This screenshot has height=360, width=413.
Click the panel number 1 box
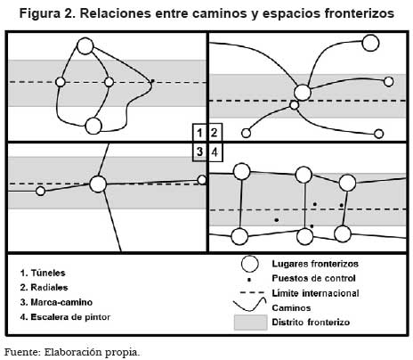point(199,133)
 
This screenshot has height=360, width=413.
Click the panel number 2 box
point(215,133)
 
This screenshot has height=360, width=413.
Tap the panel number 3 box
point(199,151)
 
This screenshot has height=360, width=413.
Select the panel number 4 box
point(215,151)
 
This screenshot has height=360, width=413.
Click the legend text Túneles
point(48,273)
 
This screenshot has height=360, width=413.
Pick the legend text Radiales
point(49,287)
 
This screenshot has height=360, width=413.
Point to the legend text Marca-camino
point(61,302)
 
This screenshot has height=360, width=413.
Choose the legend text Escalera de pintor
point(70,317)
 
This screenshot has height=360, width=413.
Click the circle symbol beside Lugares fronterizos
point(249,264)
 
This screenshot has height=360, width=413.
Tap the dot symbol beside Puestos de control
point(249,280)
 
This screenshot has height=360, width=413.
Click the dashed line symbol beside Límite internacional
point(252,293)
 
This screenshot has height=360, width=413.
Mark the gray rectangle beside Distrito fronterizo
point(250,323)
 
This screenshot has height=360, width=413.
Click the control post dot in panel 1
point(152,80)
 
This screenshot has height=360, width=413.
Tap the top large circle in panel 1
point(85,46)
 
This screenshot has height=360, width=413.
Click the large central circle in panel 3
point(98,184)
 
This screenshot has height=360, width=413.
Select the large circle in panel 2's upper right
point(370,43)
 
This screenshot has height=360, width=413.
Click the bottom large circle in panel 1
point(93,126)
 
